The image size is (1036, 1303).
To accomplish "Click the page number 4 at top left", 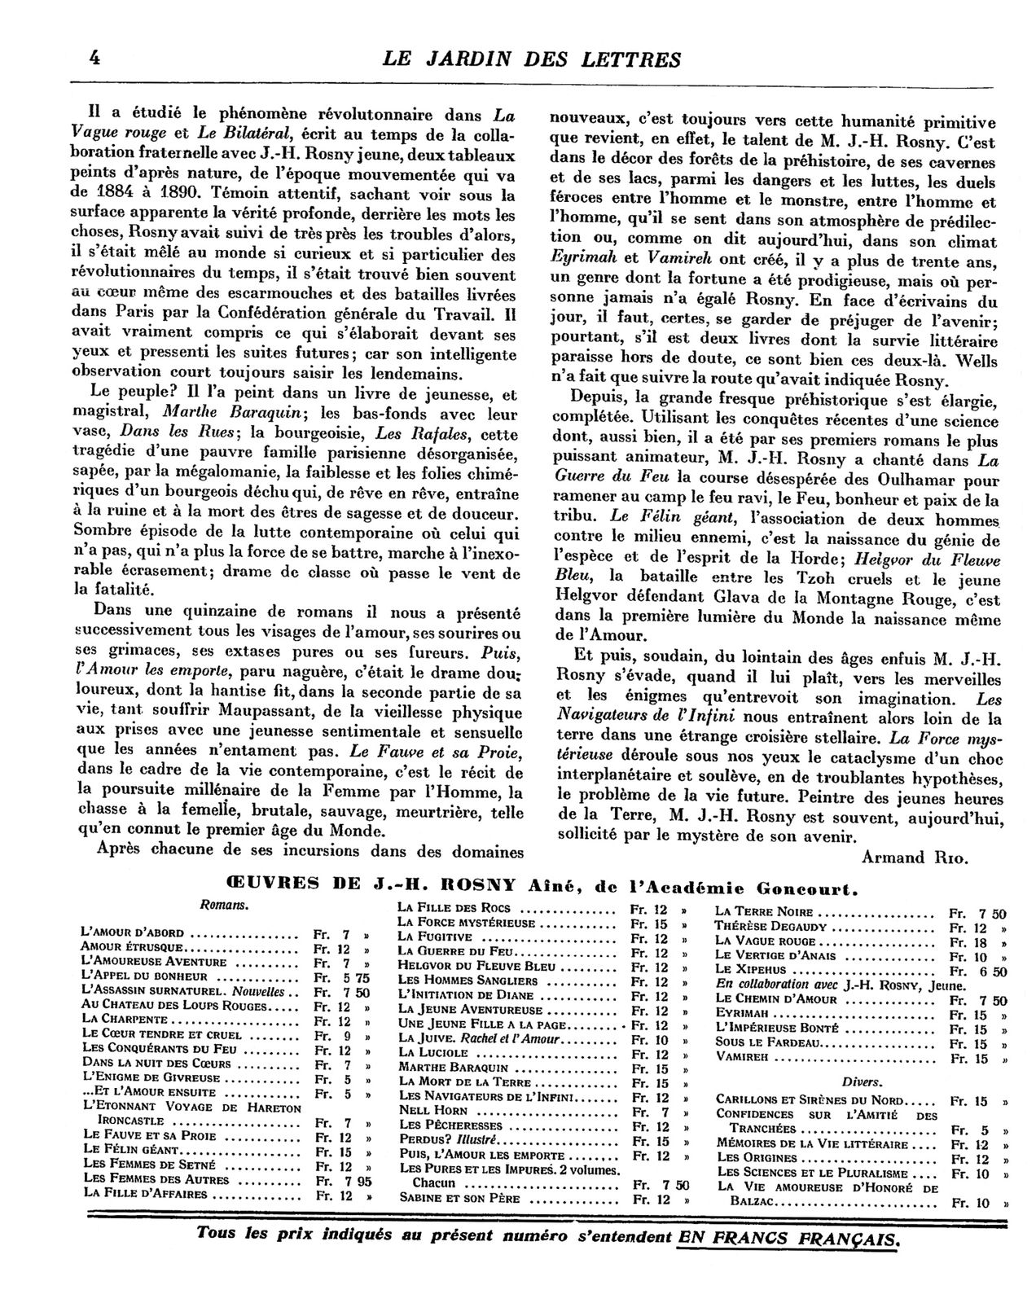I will pos(96,59).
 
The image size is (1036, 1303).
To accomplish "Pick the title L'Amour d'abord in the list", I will pos(133,932).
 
